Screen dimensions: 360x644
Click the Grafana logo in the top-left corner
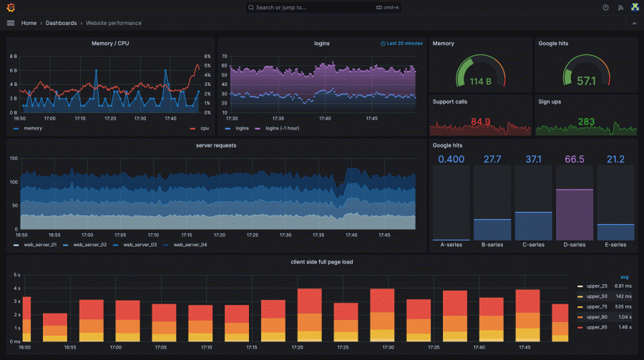10,7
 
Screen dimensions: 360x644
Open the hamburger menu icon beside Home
10,23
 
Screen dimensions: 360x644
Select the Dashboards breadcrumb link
61,23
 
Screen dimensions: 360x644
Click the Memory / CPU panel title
110,44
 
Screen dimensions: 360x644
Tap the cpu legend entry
204,129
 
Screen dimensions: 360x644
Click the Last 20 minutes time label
404,44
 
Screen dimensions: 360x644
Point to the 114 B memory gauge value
480,82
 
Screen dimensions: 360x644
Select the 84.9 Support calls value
481,122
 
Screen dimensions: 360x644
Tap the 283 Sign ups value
586,122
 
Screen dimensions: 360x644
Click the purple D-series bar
575,215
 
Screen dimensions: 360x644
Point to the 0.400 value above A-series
451,159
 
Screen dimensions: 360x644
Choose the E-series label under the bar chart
615,245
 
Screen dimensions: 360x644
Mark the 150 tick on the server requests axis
13,160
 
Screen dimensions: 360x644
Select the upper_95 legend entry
595,326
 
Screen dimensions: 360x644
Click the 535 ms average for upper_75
621,306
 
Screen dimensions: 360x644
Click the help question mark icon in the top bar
605,7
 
